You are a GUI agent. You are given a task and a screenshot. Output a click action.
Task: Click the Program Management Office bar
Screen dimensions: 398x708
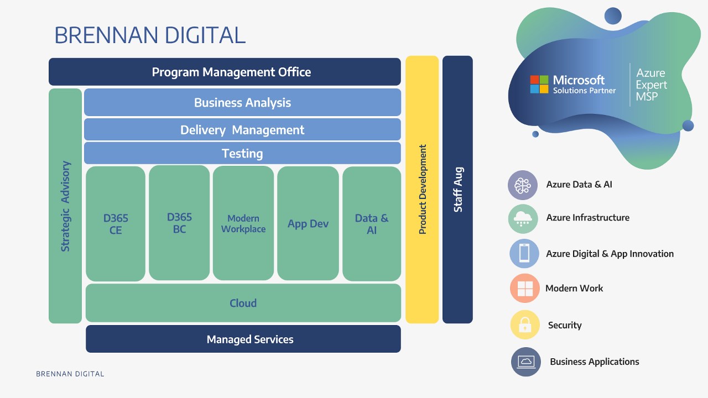[x=225, y=72]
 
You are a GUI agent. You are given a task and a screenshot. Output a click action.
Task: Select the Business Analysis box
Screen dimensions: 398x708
[x=242, y=102]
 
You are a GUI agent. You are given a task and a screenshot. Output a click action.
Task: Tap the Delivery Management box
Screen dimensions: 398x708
[x=242, y=130]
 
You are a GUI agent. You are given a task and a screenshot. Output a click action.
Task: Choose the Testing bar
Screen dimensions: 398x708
[x=242, y=153]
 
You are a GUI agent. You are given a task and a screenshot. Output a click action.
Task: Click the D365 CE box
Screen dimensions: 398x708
[x=116, y=224]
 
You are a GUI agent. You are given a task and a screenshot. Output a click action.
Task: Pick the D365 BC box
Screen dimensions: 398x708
[x=179, y=223]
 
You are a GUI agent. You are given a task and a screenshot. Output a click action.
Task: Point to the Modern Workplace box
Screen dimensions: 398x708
[x=243, y=223]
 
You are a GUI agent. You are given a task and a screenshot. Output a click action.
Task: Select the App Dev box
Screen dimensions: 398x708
[x=308, y=223]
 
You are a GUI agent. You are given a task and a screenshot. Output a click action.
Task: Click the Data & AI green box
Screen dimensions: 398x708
[x=372, y=223]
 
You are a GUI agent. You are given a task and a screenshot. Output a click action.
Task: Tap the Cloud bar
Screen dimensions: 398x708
[x=243, y=303]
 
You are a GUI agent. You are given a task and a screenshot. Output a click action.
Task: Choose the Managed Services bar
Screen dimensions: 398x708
[x=243, y=339]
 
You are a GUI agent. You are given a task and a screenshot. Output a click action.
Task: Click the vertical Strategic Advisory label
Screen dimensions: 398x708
[x=65, y=206]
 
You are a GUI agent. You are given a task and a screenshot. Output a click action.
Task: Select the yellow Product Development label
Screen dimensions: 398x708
[x=423, y=190]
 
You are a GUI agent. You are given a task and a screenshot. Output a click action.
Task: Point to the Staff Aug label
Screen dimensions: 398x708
[x=458, y=190]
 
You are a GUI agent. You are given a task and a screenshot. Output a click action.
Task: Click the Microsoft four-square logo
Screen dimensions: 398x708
[x=539, y=84]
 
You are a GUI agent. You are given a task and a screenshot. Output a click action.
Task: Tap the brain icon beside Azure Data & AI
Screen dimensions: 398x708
[x=523, y=185]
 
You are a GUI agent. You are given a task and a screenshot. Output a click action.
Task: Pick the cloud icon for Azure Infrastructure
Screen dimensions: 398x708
[x=523, y=218]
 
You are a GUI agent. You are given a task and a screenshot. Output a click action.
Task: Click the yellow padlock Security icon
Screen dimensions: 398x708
[x=524, y=324]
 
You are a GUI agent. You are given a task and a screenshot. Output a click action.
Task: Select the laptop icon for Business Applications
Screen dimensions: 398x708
[x=525, y=362]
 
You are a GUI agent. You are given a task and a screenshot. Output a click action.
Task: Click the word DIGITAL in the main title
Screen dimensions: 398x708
[x=197, y=35]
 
